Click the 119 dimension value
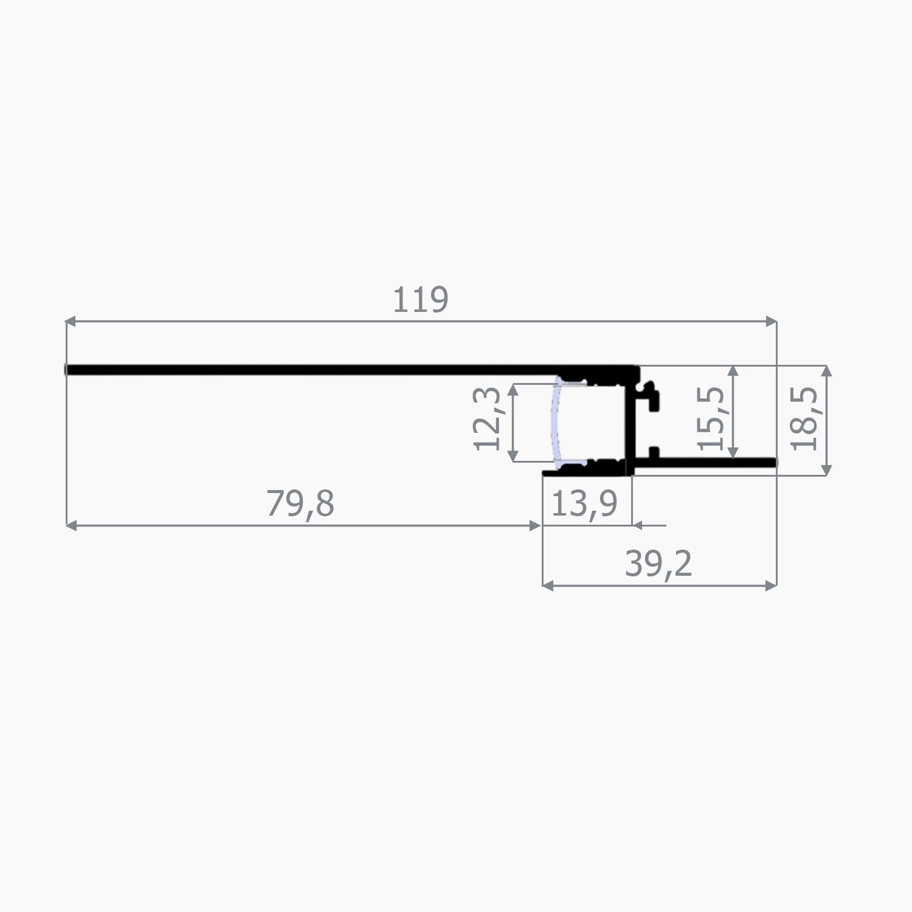coord(421,300)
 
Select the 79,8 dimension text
coord(300,504)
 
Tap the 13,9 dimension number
coord(584,504)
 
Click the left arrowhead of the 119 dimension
coord(70,320)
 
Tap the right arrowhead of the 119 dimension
coord(772,320)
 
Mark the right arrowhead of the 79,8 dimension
coord(536,526)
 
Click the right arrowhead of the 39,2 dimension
coord(772,586)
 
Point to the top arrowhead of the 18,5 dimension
coord(826,370)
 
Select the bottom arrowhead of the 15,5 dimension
coord(734,453)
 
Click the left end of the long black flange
coord(67,370)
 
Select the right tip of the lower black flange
coord(775,463)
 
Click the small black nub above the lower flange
coord(654,452)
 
